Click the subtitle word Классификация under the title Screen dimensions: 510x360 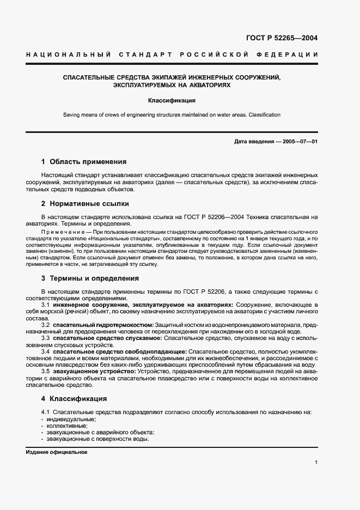point(179,101)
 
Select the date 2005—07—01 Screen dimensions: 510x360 point(299,142)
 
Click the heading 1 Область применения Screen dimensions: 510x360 point(84,162)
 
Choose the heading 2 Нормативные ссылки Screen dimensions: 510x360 point(85,204)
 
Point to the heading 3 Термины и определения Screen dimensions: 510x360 point(90,278)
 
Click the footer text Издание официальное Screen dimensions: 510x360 point(56,452)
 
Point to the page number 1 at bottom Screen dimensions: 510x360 point(316,463)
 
